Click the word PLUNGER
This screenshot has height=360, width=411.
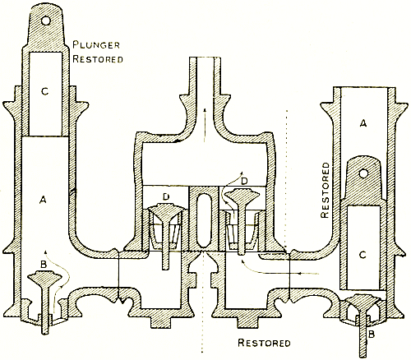(96, 45)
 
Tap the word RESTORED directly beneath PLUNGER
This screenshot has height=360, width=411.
(98, 59)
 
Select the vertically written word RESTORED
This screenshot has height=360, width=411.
(325, 190)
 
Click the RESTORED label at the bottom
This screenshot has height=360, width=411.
(264, 343)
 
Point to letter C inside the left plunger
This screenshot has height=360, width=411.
(45, 91)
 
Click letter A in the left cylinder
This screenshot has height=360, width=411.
(43, 201)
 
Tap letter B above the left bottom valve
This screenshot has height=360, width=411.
(44, 265)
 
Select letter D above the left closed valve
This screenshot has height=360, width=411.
(166, 196)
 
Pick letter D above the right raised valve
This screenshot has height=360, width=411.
(244, 181)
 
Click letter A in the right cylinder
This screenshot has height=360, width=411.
(363, 124)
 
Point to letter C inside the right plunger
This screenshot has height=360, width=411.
(363, 255)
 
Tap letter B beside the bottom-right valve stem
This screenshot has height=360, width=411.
(372, 334)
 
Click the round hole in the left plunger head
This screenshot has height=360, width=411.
(46, 21)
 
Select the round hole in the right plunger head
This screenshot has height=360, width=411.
(363, 173)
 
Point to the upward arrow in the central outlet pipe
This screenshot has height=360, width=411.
(205, 125)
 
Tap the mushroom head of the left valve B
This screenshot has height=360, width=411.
(44, 277)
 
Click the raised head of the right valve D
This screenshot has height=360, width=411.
(242, 195)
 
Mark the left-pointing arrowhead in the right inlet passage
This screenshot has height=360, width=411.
(301, 273)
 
